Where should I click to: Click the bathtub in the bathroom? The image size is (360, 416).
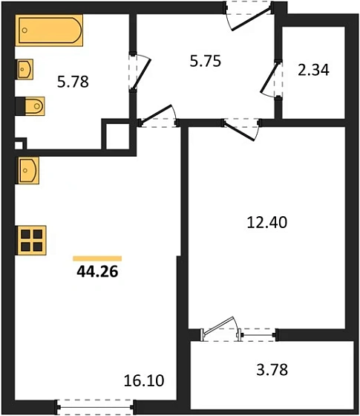click(49, 30)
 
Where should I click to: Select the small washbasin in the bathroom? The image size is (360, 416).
click(25, 69)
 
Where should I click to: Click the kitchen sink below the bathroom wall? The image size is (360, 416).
click(28, 170)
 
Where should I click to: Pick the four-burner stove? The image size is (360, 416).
click(31, 241)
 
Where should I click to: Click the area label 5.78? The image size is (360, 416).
click(73, 82)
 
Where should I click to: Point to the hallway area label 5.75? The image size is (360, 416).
click(206, 61)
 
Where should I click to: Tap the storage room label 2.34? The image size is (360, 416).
click(313, 70)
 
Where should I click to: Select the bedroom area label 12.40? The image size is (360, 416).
click(267, 222)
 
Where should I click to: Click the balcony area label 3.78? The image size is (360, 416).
click(272, 370)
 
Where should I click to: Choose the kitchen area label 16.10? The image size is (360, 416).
click(144, 380)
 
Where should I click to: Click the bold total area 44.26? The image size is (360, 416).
click(97, 272)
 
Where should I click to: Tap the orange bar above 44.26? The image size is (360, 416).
click(97, 259)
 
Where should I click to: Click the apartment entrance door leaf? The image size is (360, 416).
click(252, 19)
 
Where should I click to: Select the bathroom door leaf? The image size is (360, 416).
click(142, 74)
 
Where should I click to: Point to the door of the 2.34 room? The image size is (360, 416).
click(270, 78)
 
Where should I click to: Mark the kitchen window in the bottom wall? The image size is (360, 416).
click(96, 407)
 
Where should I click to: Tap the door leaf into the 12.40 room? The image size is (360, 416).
click(239, 131)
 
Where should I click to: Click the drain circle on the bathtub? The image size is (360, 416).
click(24, 30)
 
